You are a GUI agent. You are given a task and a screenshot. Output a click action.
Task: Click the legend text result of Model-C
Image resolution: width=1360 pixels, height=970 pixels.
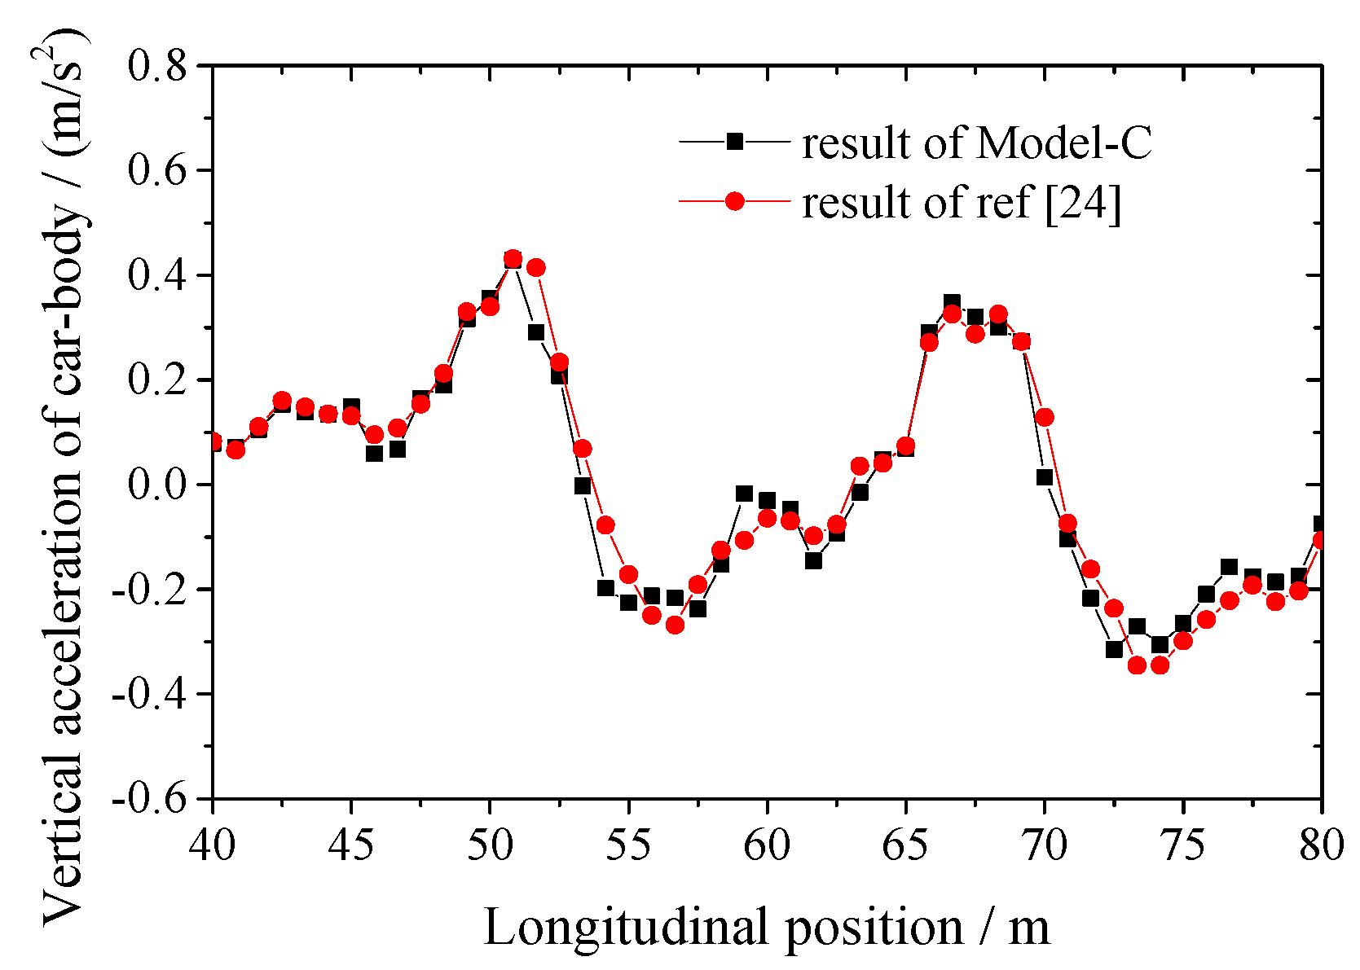[976, 144]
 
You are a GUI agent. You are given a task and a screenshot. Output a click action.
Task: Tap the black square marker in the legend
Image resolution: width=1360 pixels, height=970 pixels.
[735, 142]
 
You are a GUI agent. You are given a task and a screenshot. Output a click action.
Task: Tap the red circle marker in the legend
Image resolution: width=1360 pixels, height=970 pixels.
[735, 200]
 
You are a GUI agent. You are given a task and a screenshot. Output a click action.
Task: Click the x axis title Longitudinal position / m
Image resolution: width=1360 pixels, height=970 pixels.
[766, 928]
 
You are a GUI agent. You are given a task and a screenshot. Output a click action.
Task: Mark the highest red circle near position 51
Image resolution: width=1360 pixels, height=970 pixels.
[513, 260]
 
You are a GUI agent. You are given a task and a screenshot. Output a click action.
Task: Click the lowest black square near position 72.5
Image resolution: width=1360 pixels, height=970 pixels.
[1114, 649]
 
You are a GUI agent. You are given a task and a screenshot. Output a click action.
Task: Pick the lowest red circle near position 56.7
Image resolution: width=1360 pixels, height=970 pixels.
[675, 625]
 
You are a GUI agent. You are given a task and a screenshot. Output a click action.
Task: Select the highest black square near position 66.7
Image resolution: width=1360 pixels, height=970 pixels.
[952, 302]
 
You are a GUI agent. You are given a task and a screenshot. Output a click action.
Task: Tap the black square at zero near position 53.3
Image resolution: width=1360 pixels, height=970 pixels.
[582, 485]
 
